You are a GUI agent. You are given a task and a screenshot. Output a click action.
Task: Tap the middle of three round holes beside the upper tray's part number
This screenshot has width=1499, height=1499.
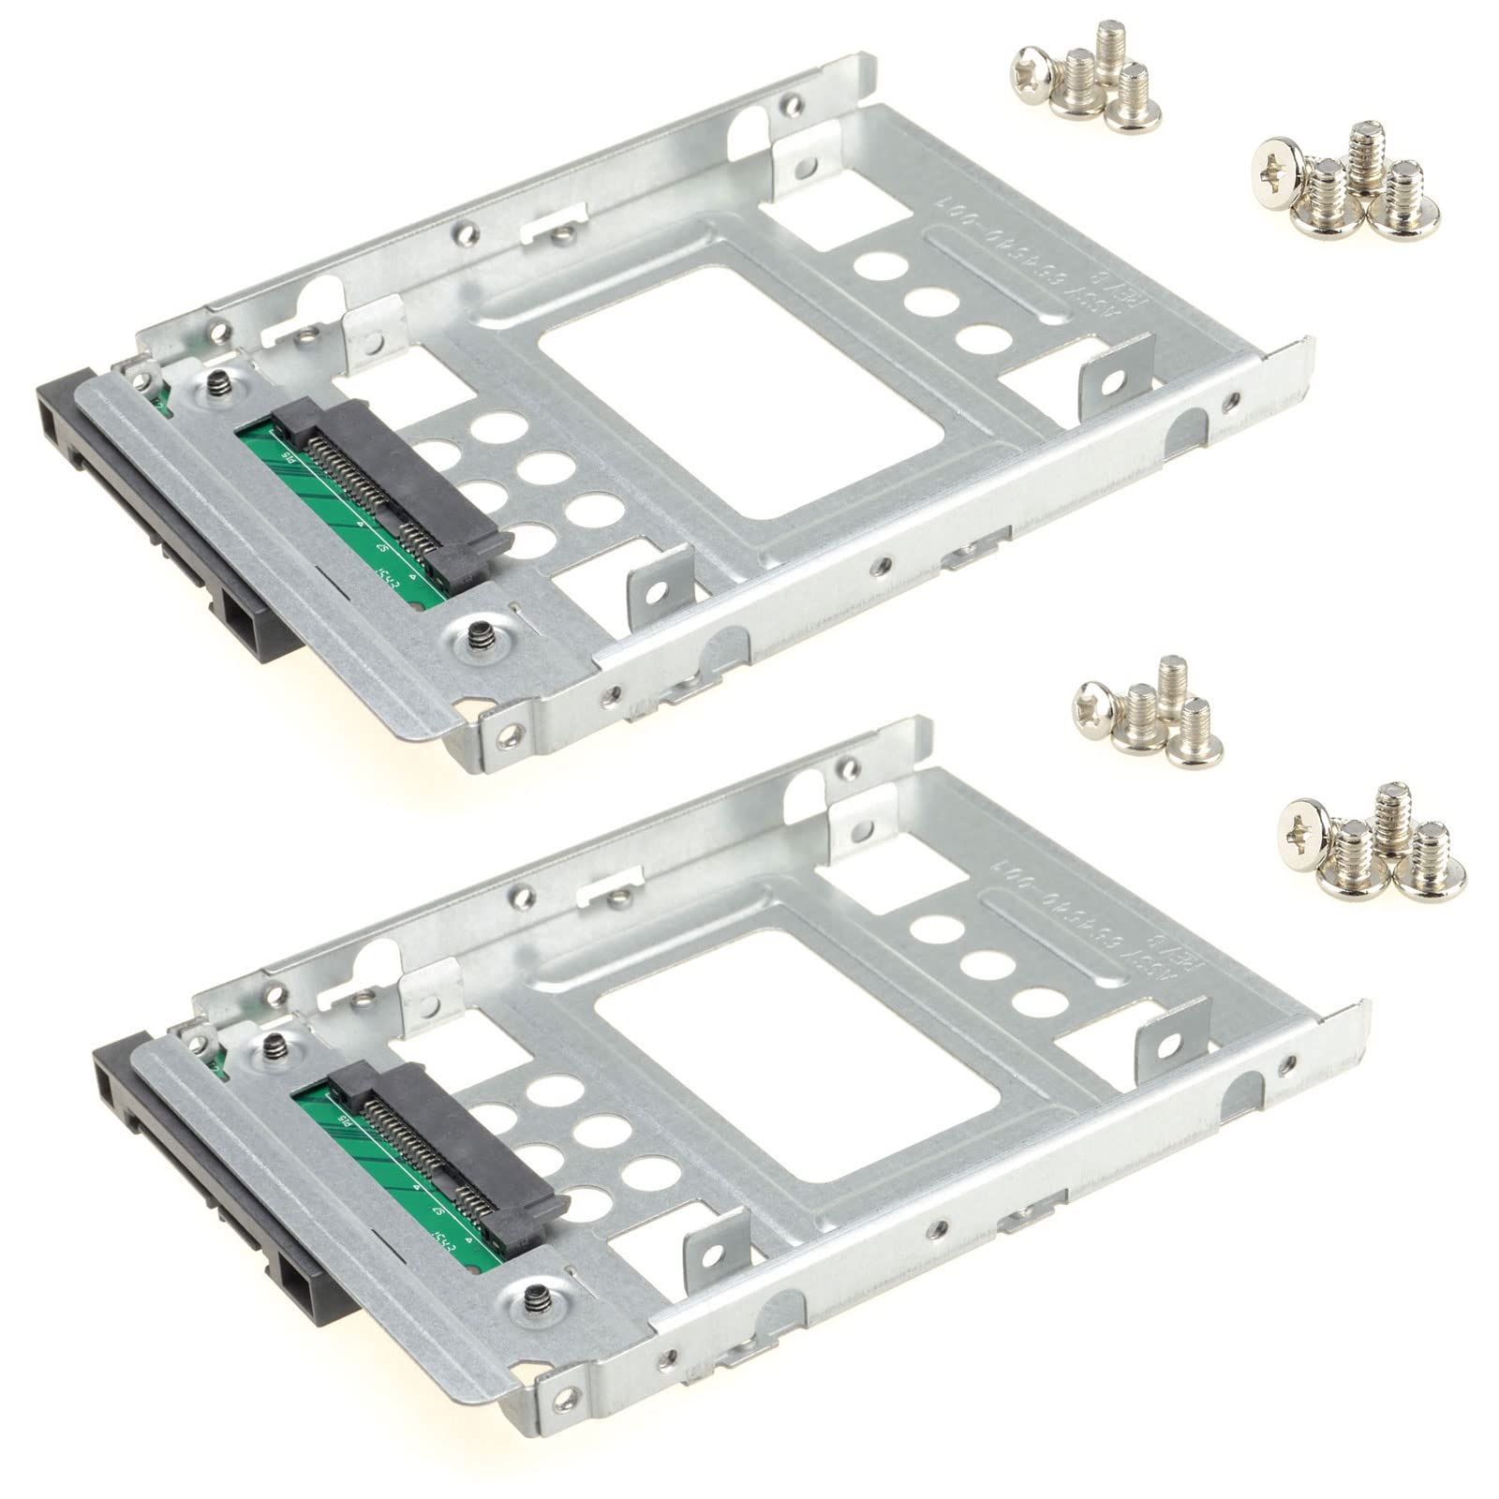pyautogui.click(x=928, y=305)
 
